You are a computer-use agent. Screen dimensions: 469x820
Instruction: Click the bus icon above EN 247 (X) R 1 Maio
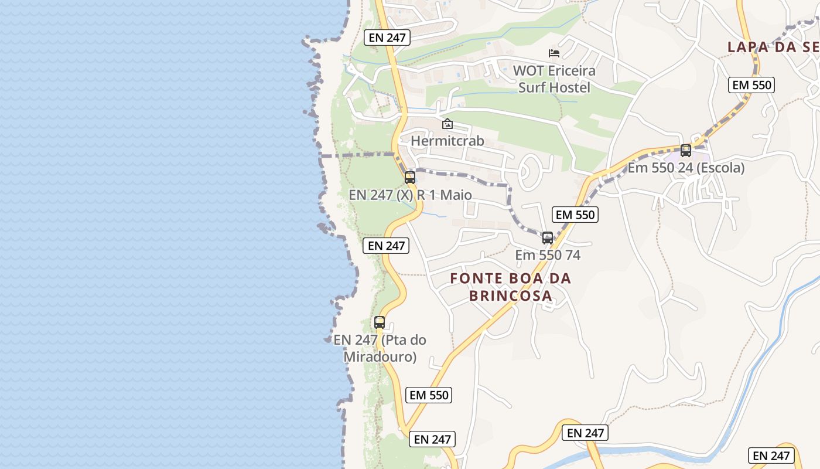tap(410, 177)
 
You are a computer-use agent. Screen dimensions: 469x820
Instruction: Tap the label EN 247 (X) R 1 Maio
tap(410, 195)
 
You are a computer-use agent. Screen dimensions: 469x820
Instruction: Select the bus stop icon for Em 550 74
tap(548, 238)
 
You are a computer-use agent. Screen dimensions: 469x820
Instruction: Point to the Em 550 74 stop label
tap(548, 255)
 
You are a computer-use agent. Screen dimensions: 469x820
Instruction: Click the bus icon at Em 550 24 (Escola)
tap(686, 151)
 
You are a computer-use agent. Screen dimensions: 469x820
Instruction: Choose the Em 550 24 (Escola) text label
tap(686, 168)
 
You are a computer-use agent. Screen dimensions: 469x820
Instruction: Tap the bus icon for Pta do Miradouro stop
tap(380, 322)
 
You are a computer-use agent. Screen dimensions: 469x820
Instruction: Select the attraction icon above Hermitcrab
tap(447, 124)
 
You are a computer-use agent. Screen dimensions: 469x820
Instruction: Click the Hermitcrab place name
tap(447, 141)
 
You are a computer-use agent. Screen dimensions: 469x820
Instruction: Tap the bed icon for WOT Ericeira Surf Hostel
tap(554, 53)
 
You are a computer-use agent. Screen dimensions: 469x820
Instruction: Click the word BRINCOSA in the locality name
tap(511, 295)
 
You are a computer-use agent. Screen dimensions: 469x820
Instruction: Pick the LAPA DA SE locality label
tap(773, 47)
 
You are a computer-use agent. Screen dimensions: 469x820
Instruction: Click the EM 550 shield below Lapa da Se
tap(752, 85)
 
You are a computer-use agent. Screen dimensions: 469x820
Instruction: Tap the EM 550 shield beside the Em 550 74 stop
tap(575, 215)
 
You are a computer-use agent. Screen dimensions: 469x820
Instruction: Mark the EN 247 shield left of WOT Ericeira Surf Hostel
tap(387, 38)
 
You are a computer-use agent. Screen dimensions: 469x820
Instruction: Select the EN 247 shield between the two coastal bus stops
tap(386, 246)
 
